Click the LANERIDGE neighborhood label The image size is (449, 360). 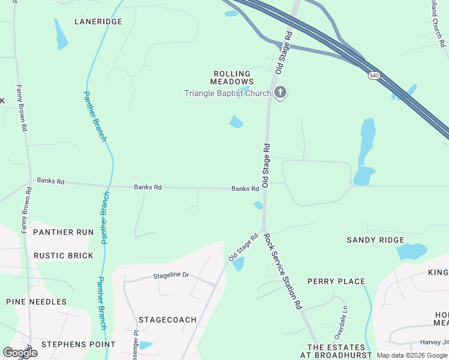(98, 22)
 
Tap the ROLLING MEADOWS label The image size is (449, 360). (232, 77)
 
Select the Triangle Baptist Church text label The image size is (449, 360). (228, 93)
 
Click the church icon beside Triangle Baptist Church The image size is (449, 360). (280, 92)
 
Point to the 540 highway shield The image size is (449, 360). (373, 76)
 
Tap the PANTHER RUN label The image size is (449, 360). (63, 232)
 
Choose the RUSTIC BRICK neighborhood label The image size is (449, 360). (63, 256)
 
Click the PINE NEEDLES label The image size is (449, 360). (36, 302)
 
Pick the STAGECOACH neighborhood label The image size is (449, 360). (167, 320)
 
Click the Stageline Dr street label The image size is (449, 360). (171, 275)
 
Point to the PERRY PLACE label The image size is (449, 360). (336, 281)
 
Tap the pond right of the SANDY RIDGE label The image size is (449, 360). (412, 251)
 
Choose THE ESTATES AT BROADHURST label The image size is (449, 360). (336, 352)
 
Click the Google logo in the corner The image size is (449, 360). (20, 353)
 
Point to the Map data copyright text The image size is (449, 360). (412, 355)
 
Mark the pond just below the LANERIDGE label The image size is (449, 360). (61, 35)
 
